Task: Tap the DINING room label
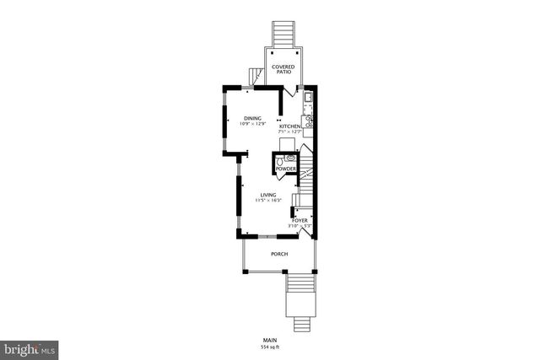click(x=252, y=118)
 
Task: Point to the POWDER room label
click(x=285, y=169)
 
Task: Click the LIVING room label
click(x=267, y=195)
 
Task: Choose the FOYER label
click(x=300, y=221)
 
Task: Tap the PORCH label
click(x=278, y=254)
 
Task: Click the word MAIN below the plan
click(x=269, y=340)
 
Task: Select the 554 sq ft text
click(x=269, y=347)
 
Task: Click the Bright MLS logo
click(x=30, y=347)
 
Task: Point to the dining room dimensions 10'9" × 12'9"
click(x=252, y=124)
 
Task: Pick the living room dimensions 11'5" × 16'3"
click(x=267, y=201)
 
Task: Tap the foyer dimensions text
click(x=300, y=226)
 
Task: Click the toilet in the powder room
click(x=289, y=157)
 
